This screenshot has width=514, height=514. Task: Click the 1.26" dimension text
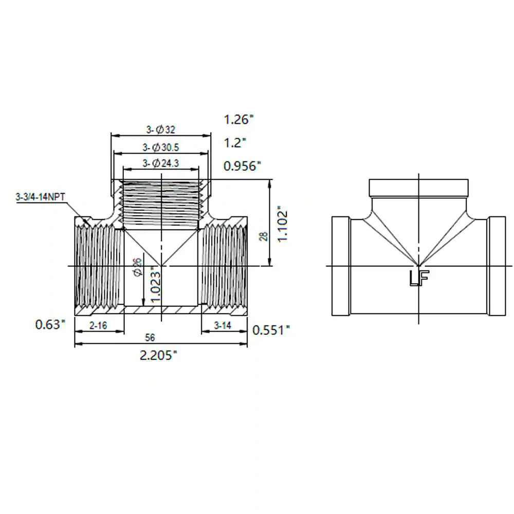pyautogui.click(x=238, y=119)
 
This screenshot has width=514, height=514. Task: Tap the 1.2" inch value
pyautogui.click(x=235, y=142)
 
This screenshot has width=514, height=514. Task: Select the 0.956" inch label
pyautogui.click(x=242, y=166)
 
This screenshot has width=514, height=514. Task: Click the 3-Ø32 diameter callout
pyautogui.click(x=160, y=130)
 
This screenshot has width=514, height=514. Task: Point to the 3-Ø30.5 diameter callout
pyautogui.click(x=160, y=148)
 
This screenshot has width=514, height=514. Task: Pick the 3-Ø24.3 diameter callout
pyautogui.click(x=160, y=163)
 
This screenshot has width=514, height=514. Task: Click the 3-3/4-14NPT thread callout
pyautogui.click(x=41, y=197)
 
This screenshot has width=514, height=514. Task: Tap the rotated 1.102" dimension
pyautogui.click(x=283, y=224)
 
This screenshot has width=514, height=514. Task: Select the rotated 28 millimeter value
pyautogui.click(x=264, y=236)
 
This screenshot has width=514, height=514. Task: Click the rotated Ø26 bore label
pyautogui.click(x=138, y=267)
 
